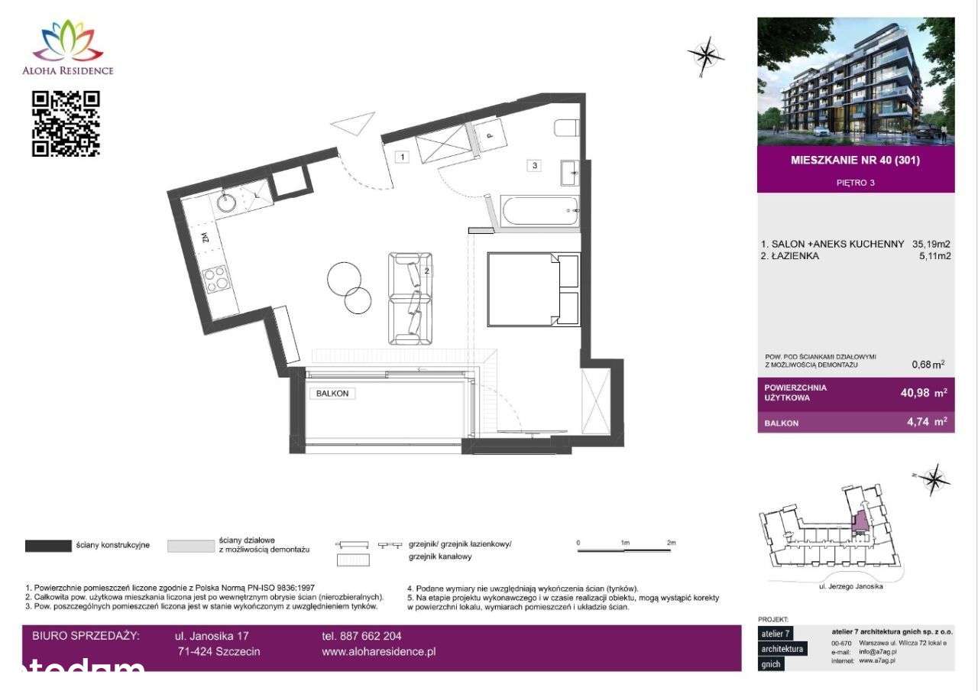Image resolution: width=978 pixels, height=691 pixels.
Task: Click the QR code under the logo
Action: point(66,123)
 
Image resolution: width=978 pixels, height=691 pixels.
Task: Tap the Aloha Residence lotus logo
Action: point(73,41)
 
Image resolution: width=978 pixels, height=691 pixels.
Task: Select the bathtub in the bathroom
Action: point(539,210)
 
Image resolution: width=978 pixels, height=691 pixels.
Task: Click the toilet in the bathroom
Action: point(564,128)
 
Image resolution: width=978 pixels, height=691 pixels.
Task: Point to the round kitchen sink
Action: point(227,203)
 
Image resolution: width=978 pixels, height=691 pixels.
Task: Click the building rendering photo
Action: point(856,81)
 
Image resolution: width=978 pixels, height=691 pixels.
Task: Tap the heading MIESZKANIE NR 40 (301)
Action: point(855,161)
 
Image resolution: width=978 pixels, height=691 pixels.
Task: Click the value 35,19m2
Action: point(931,244)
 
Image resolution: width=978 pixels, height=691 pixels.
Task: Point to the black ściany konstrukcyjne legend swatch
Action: point(48,546)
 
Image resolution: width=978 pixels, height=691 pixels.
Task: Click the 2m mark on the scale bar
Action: point(671,542)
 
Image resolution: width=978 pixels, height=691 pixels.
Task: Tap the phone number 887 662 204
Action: point(361,636)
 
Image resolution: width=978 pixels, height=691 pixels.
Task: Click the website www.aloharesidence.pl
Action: point(379,652)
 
